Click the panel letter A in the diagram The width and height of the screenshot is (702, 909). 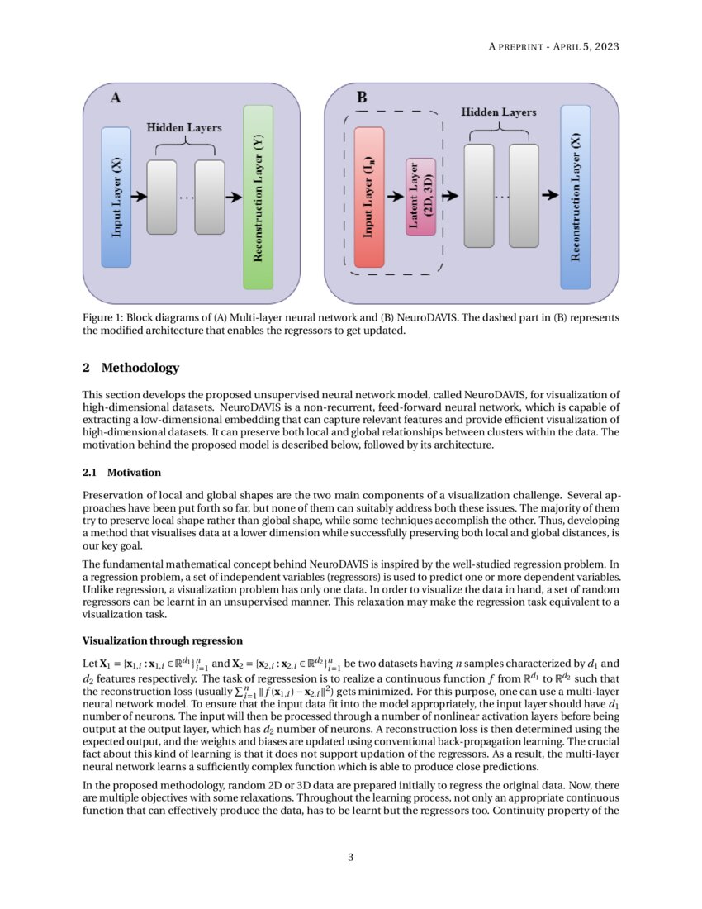tap(116, 98)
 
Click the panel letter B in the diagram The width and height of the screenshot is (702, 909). tap(362, 98)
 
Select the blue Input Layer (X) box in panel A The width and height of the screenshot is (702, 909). tap(116, 197)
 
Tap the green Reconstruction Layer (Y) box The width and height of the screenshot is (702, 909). tap(258, 197)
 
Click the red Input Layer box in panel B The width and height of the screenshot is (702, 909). tap(369, 197)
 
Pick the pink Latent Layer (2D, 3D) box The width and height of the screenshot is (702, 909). tap(420, 197)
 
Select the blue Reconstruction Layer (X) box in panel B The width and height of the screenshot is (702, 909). tap(575, 197)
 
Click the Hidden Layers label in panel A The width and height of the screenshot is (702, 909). tap(184, 128)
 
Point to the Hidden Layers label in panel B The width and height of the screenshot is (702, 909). tap(498, 112)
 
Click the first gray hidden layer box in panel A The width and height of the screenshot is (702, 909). tap(162, 197)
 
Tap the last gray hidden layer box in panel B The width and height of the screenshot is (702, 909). tap(524, 196)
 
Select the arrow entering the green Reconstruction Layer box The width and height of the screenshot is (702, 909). tap(233, 197)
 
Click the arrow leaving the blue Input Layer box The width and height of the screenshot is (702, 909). tap(138, 197)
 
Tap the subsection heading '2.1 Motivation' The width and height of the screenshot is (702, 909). tap(121, 473)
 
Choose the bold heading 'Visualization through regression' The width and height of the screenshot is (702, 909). tap(163, 640)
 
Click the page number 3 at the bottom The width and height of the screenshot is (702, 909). tap(350, 857)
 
